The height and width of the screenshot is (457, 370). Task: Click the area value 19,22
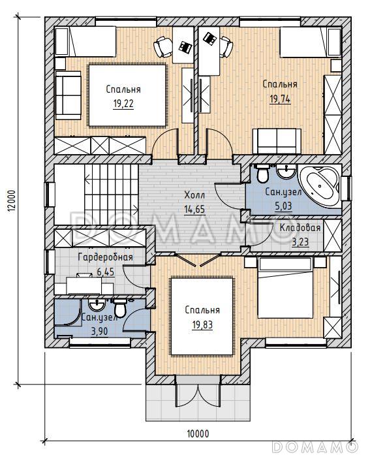[123, 103]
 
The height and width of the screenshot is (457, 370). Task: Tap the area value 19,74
[280, 99]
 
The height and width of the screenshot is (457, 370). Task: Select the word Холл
[194, 195]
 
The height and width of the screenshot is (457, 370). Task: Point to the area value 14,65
[194, 209]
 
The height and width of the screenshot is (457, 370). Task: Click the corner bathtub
[320, 185]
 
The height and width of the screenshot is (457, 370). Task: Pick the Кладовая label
[300, 228]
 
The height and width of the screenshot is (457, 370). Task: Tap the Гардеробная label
[106, 257]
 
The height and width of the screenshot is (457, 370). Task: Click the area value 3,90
[99, 331]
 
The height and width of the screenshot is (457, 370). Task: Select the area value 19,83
[202, 324]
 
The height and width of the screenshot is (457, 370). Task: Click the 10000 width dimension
[198, 433]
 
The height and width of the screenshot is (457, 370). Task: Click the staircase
[111, 195]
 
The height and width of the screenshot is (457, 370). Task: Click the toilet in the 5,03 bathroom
[263, 173]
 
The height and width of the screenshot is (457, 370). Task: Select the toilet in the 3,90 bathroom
[119, 307]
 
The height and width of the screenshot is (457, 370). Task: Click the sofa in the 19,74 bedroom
[277, 141]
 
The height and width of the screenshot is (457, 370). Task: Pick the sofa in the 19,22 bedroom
[68, 95]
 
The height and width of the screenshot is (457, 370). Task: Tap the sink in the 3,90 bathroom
[97, 305]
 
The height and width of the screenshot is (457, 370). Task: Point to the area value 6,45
[106, 272]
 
